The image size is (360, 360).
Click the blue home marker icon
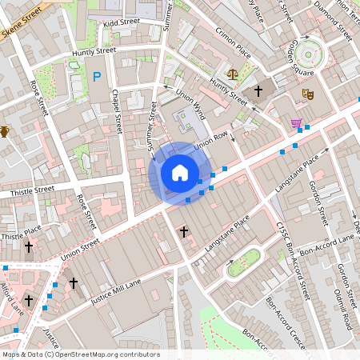pyautogui.click(x=179, y=173)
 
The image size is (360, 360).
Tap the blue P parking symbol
pyautogui.click(x=97, y=77)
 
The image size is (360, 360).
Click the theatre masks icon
pyautogui.click(x=306, y=94)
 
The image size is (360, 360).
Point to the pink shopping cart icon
pyautogui.click(x=297, y=123)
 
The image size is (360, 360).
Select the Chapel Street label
pyautogui.click(x=118, y=111)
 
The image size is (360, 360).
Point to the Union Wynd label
pyautogui.click(x=189, y=103)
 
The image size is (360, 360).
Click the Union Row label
pyautogui.click(x=211, y=138)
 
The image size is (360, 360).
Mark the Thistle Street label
pyautogui.click(x=33, y=190)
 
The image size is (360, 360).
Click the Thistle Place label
pyautogui.click(x=21, y=236)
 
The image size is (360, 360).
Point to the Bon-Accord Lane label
pyautogui.click(x=333, y=241)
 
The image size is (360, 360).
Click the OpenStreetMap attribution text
pyautogui.click(x=80, y=354)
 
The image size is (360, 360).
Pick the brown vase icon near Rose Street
pyautogui.click(x=4, y=132)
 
